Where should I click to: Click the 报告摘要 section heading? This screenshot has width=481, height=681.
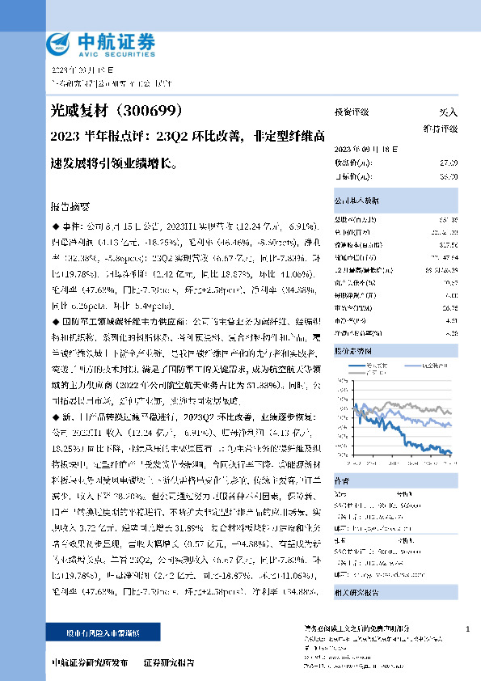click(x=73, y=206)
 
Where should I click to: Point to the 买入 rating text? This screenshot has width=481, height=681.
click(x=448, y=112)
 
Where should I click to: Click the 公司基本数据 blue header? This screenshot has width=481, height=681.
click(x=356, y=199)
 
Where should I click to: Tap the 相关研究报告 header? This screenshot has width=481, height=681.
click(x=356, y=569)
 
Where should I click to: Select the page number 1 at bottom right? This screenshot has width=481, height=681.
click(x=468, y=628)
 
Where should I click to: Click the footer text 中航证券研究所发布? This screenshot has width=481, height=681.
click(x=89, y=662)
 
